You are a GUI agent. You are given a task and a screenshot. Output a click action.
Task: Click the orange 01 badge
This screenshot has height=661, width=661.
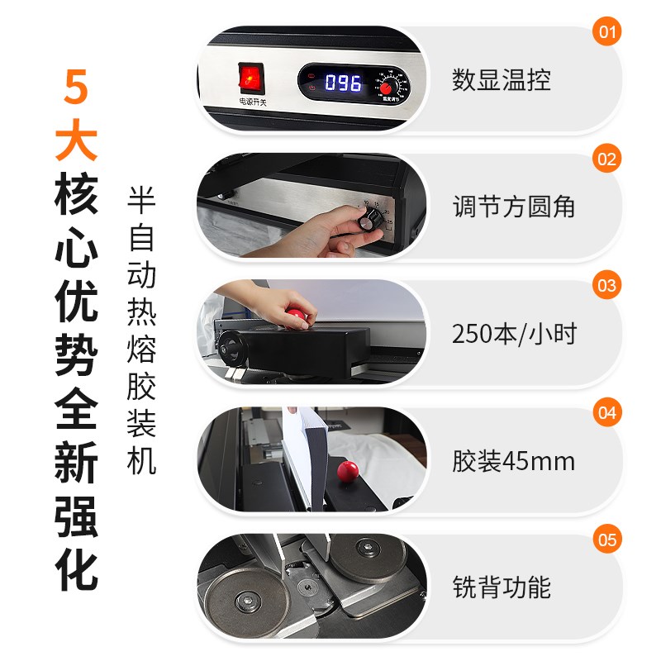coord(607,32)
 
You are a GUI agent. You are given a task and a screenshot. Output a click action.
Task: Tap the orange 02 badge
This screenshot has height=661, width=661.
coord(607,159)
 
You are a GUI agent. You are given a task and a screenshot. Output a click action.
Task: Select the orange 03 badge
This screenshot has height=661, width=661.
coord(607,286)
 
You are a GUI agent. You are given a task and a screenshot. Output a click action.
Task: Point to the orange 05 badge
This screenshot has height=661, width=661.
coord(607,540)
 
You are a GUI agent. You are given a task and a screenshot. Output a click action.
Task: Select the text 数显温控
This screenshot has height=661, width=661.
coord(501,80)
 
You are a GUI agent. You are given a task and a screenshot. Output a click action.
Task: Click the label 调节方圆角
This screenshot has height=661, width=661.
coord(513,207)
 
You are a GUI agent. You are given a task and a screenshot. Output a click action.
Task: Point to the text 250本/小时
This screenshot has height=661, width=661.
coord(513,334)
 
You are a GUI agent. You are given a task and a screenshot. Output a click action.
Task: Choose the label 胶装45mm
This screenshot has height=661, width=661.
coord(513,461)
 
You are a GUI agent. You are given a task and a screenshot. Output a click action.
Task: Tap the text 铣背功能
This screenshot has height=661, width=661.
coord(501,587)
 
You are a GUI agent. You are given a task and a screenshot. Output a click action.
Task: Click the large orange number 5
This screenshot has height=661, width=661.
coord(76,87)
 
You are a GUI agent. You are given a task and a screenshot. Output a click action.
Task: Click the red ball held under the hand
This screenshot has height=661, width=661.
coord(297,316)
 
